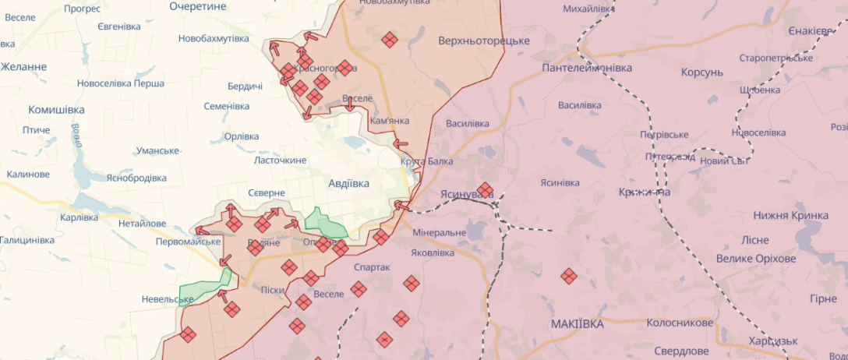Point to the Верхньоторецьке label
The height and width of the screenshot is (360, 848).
pos(484,41)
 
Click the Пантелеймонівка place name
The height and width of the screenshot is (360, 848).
pos(587,68)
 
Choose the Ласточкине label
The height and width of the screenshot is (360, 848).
pos(280,160)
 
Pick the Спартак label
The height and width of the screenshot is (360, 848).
pos(372,267)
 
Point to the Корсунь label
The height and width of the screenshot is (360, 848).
pos(701,72)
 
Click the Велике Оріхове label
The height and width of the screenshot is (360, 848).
pos(756,259)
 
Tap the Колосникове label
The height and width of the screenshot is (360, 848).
pos(679,323)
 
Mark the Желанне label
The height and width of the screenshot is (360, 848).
pos(23,67)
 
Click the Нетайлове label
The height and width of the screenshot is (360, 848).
pos(142,224)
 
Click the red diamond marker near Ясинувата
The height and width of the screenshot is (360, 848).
pos(485,190)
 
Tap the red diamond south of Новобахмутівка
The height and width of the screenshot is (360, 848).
pos(389,40)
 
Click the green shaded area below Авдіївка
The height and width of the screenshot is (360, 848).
pos(326,224)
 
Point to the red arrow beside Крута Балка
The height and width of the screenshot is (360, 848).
pos(401,143)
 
